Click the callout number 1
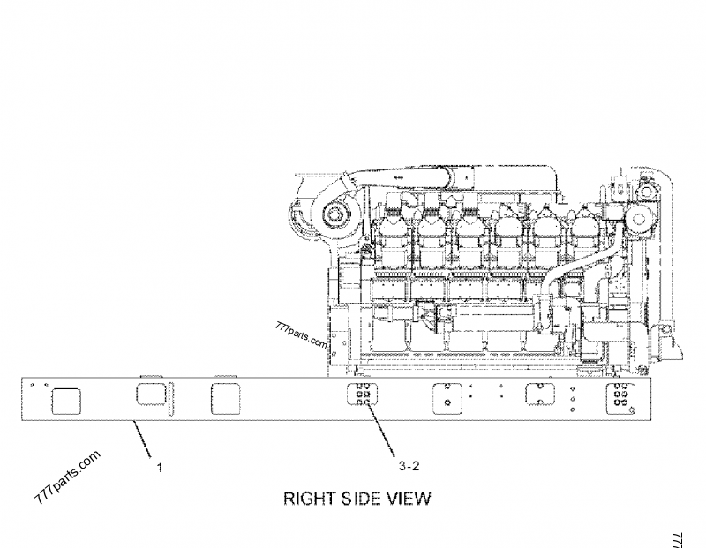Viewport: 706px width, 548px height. pyautogui.click(x=159, y=467)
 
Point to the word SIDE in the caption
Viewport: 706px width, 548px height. pyautogui.click(x=361, y=499)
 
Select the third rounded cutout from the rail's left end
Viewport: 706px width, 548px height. pyautogui.click(x=226, y=399)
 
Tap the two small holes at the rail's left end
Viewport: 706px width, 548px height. pyautogui.click(x=39, y=385)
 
